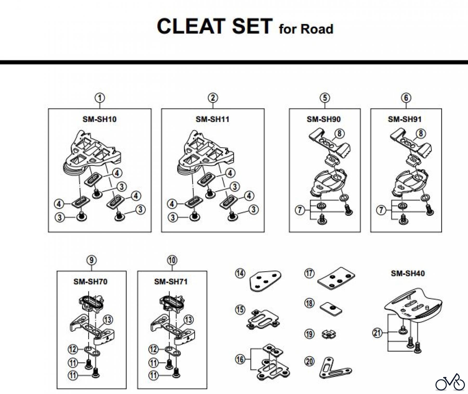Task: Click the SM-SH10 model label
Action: coord(99,119)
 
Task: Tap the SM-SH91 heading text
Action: coord(405,119)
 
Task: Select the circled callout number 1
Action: coord(100,98)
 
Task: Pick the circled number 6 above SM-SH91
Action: coord(406,98)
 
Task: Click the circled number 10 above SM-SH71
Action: coord(172,260)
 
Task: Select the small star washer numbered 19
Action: coord(329,334)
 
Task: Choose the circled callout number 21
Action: coord(377,333)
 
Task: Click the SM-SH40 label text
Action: coord(407,273)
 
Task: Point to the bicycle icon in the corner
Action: coord(450,383)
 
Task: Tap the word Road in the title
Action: coord(317,29)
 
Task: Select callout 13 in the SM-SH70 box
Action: coord(108,320)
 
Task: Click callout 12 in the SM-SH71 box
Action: coord(154,349)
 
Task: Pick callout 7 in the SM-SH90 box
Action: coord(300,210)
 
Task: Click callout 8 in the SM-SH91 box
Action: coord(421,134)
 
